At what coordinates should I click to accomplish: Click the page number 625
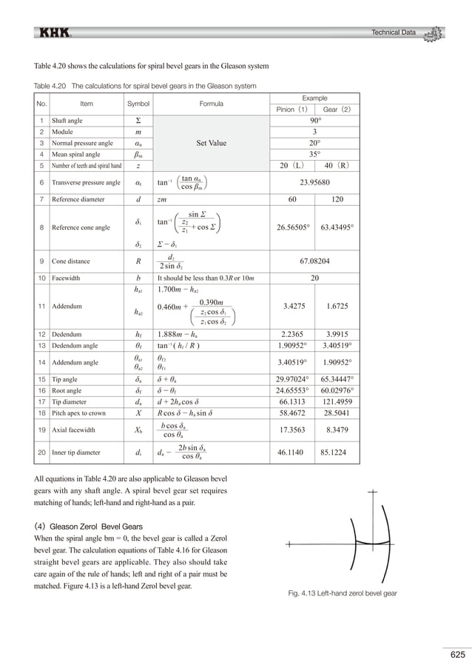[457, 654]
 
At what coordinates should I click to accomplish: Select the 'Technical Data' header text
[394, 32]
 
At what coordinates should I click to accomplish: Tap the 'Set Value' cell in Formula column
[211, 143]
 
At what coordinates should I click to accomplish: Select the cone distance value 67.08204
[315, 261]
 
